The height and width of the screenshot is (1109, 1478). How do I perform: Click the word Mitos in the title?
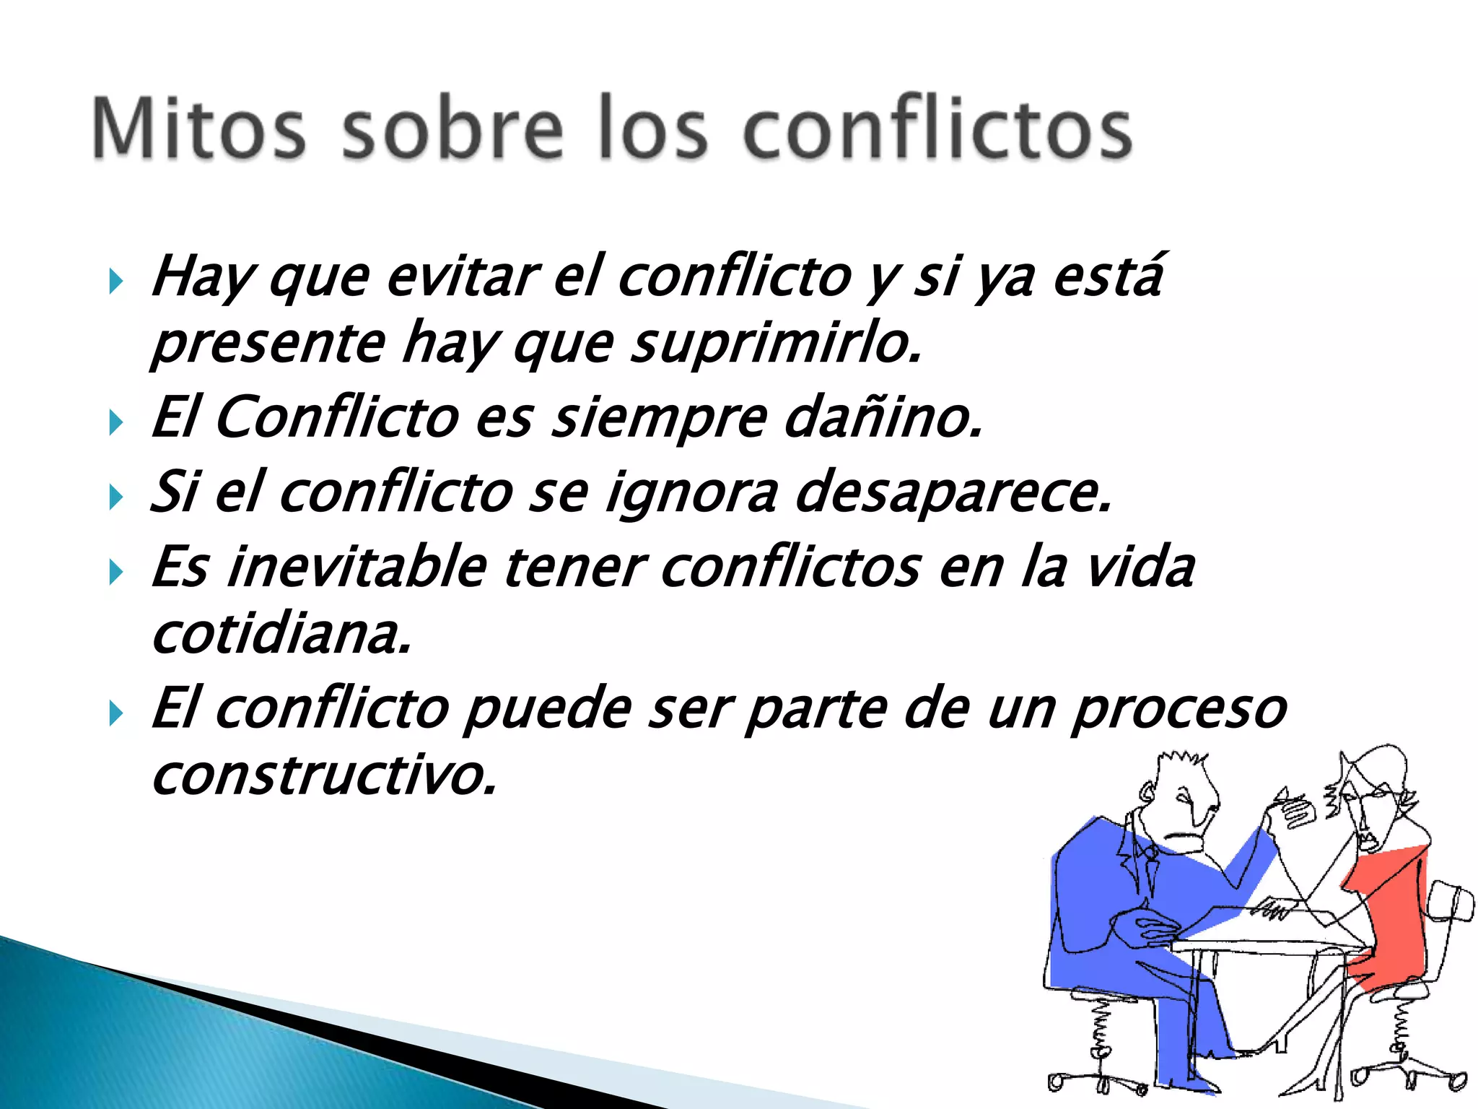click(x=199, y=129)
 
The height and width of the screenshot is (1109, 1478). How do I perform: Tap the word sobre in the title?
click(x=452, y=129)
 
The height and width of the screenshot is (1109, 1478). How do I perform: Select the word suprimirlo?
click(x=777, y=344)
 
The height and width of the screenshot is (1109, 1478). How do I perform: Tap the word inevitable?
click(x=357, y=567)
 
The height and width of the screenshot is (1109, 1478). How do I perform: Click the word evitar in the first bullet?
click(x=462, y=277)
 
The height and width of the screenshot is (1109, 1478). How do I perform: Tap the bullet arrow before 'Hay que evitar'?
click(x=115, y=282)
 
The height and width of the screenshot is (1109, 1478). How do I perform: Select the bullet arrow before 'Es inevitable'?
click(x=115, y=573)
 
